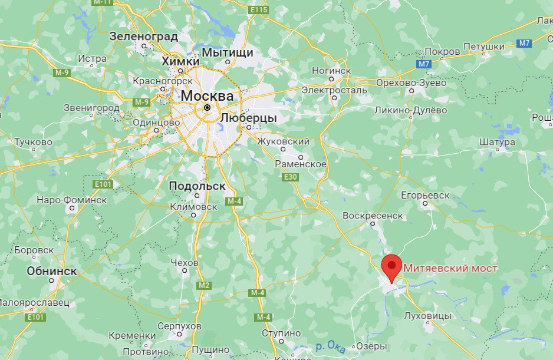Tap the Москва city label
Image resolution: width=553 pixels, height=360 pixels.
pyautogui.click(x=207, y=95)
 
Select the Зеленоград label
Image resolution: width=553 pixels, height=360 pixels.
pyautogui.click(x=144, y=36)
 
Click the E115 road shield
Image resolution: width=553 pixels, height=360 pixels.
pyautogui.click(x=258, y=11)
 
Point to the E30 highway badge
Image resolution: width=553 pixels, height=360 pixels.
pyautogui.click(x=290, y=177)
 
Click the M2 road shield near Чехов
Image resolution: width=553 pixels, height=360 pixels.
pyautogui.click(x=204, y=285)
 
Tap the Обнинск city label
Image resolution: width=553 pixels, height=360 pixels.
pyautogui.click(x=52, y=271)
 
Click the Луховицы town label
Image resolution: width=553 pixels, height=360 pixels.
pyautogui.click(x=429, y=315)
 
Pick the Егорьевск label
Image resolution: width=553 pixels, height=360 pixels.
pyautogui.click(x=425, y=195)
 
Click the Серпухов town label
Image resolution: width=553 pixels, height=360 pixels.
pyautogui.click(x=180, y=326)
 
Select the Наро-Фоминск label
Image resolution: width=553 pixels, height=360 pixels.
pyautogui.click(x=71, y=200)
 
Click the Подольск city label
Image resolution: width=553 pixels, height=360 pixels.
pyautogui.click(x=197, y=186)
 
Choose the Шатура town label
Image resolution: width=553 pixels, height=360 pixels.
pyautogui.click(x=498, y=141)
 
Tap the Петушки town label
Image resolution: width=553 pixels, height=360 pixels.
pyautogui.click(x=483, y=46)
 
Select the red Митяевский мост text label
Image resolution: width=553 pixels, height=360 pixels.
pyautogui.click(x=450, y=268)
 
